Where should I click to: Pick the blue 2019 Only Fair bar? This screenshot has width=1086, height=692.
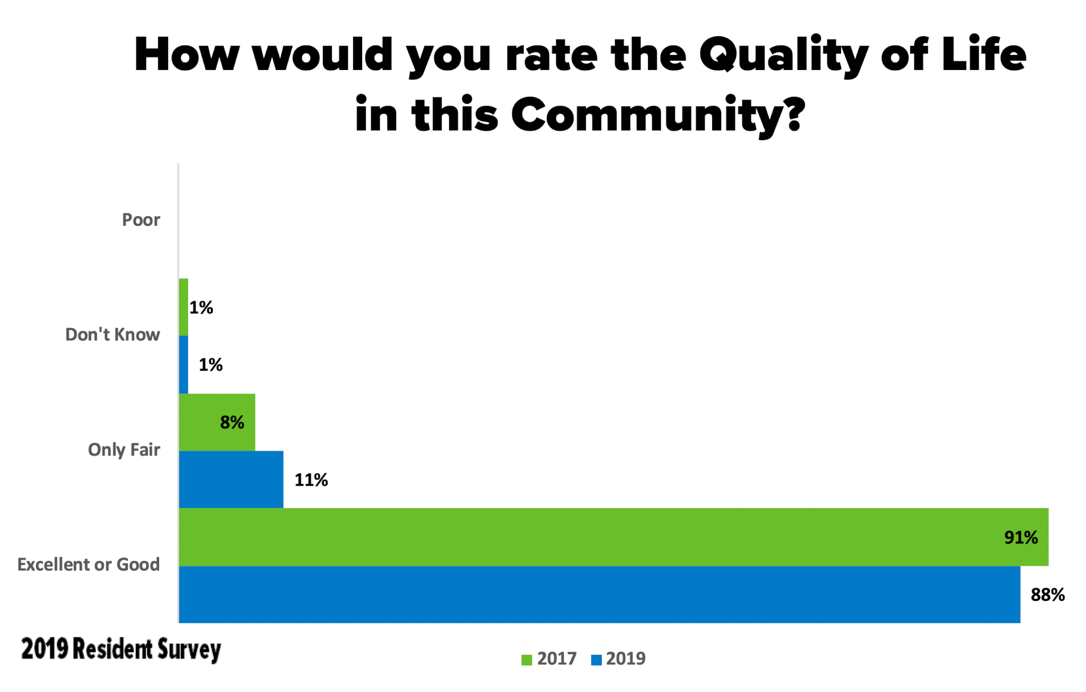point(231,479)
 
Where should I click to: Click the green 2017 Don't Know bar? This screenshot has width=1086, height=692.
point(183,307)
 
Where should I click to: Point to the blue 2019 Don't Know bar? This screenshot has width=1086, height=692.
point(183,364)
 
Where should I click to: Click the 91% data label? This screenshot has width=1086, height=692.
point(1021,537)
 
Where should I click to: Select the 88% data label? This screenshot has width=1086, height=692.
point(1047,595)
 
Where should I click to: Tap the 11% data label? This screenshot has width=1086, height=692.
point(311,480)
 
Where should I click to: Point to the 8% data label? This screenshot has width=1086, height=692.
point(232,422)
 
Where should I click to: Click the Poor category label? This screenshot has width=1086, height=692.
point(141,220)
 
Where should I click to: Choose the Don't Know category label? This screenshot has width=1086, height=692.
point(112,335)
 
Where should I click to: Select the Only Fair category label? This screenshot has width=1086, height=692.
point(124,450)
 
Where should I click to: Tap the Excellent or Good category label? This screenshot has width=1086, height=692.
point(89,564)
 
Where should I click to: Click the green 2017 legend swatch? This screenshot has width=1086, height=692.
point(527,660)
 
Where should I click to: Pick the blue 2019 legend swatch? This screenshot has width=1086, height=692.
point(596,660)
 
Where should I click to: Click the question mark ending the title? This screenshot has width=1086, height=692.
point(794,113)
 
